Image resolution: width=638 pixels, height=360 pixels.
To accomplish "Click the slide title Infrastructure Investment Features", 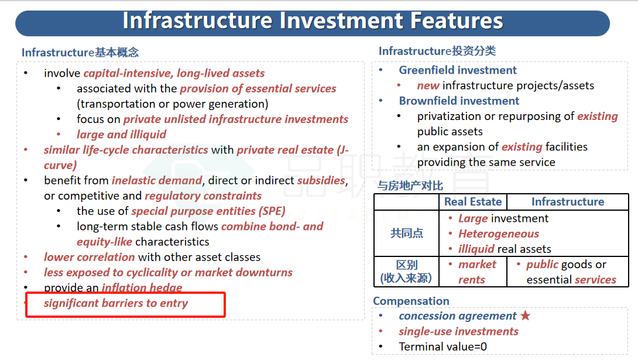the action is click(x=313, y=20).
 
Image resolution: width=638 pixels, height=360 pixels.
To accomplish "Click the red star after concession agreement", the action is click(x=525, y=316).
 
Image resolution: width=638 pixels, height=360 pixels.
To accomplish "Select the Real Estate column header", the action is click(x=473, y=202).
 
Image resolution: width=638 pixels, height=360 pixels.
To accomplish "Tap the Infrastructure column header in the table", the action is click(x=568, y=202).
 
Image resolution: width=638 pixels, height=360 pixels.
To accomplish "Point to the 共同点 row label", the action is click(x=406, y=233).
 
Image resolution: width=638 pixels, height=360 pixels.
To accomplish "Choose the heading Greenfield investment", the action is click(x=458, y=70).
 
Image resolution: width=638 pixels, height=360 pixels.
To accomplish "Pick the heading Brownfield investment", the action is click(x=459, y=101).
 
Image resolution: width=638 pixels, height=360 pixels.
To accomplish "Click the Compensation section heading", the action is click(x=411, y=301).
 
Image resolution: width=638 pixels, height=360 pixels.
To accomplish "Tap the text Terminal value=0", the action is click(x=443, y=347).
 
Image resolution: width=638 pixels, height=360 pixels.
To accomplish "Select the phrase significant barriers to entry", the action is click(x=116, y=303).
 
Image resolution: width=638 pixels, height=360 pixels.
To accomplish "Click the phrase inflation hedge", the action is click(x=142, y=287).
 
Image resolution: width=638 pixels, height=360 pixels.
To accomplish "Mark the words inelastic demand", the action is click(x=157, y=180).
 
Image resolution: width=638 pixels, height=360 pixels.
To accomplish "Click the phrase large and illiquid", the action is click(x=121, y=135).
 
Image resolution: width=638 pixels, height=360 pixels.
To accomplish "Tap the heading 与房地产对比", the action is click(x=410, y=186).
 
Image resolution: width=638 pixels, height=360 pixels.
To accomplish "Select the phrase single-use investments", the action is click(x=458, y=331).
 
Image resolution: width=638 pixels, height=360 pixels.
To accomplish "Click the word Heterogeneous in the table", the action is click(x=499, y=234).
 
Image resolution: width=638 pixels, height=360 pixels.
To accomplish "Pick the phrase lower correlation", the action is click(x=89, y=257).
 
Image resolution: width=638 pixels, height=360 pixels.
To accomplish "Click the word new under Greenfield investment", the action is click(x=428, y=86).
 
